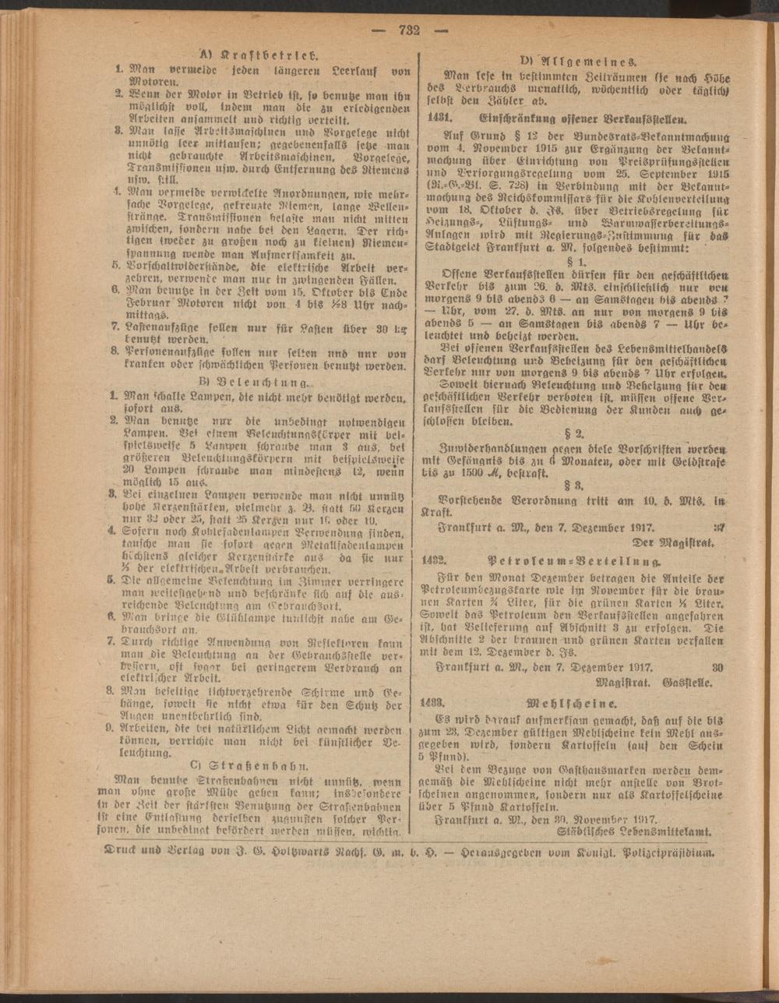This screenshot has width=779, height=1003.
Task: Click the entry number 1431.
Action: click(442, 119)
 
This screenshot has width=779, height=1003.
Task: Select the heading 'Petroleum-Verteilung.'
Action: click(576, 560)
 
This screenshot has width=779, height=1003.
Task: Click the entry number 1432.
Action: click(442, 560)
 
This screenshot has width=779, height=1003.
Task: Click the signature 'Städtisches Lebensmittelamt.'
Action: click(638, 832)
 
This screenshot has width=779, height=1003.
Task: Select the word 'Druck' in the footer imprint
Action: click(123, 852)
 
